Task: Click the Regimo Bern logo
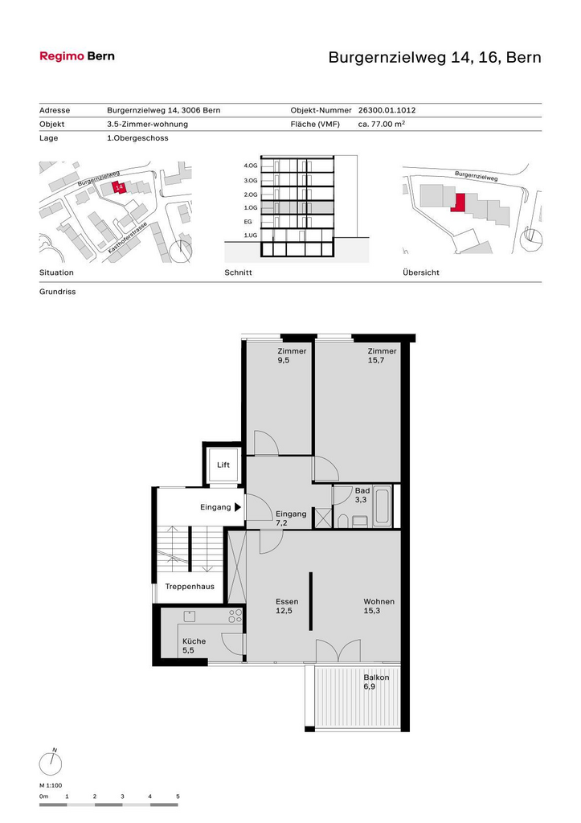tap(77, 56)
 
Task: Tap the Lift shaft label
tap(223, 465)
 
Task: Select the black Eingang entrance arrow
tap(238, 508)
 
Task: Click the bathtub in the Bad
tap(382, 506)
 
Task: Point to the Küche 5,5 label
tap(194, 645)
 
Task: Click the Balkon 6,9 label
tap(376, 682)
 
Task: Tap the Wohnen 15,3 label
tap(379, 606)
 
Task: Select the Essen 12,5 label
tap(287, 606)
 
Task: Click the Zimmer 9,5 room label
tap(292, 355)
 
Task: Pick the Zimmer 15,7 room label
tap(382, 355)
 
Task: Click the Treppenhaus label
tap(190, 586)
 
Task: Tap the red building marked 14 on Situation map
tap(119, 187)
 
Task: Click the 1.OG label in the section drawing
tap(251, 208)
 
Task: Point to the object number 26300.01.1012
tap(387, 110)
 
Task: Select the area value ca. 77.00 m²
tap(382, 124)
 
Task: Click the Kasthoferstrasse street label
tap(128, 238)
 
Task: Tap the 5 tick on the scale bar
tap(178, 796)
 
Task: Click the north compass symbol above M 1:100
tap(51, 763)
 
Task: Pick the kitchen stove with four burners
tap(235, 616)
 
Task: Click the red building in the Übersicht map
tap(458, 203)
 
